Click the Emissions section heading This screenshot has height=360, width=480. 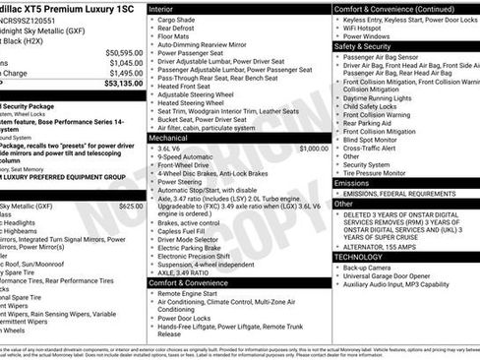(352, 183)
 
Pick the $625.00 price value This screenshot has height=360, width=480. (130, 207)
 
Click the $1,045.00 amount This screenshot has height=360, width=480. (125, 63)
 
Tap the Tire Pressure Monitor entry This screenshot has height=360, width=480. (382, 172)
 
